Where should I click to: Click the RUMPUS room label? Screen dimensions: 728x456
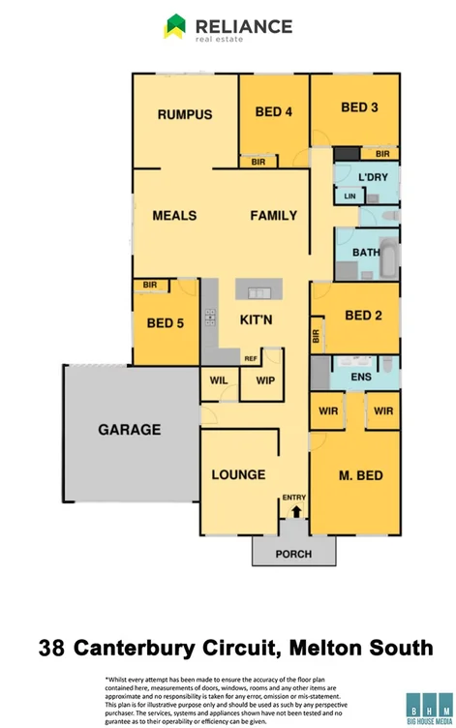185,114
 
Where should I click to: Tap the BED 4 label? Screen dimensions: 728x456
274,111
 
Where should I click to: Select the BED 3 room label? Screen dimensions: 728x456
359,107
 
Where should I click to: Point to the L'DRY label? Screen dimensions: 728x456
372,177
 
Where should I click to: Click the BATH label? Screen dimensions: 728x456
366,252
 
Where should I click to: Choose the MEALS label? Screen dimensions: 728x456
174,216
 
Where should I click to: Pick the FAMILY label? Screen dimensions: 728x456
274,216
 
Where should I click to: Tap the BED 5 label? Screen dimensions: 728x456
166,323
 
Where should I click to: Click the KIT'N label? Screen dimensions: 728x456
256,319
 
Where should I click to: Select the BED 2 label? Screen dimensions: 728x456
364,316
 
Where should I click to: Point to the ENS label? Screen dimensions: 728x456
361,376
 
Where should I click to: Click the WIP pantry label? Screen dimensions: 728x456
264,380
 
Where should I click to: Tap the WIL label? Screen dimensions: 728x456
219,380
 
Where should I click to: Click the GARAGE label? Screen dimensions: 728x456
129,430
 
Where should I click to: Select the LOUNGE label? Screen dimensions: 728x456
238,474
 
